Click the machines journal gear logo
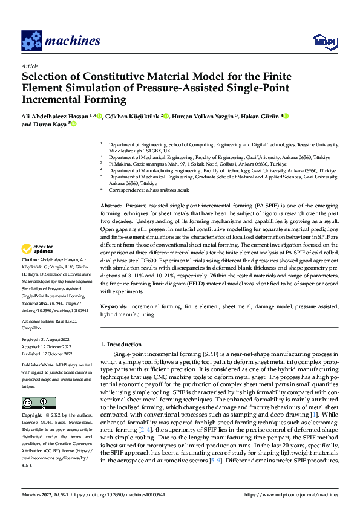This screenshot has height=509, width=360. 31,41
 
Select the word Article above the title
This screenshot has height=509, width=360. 29,65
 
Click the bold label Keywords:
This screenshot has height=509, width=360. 114,307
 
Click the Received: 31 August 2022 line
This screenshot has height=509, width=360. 47,340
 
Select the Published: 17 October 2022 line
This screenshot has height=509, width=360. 47,354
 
